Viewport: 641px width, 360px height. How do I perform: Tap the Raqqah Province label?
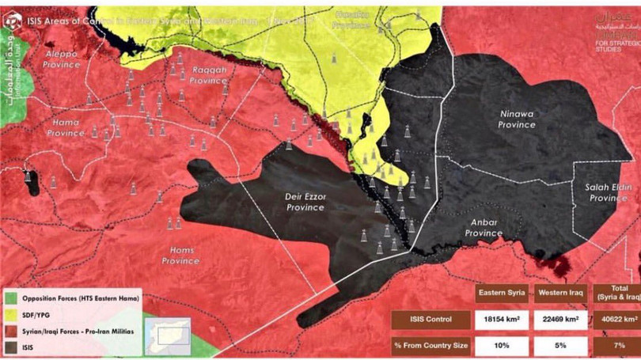coord(209,75)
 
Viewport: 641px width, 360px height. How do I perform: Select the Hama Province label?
coord(65,127)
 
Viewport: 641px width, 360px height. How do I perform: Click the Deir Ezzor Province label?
coord(305,202)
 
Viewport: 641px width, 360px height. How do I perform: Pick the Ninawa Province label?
coord(517,119)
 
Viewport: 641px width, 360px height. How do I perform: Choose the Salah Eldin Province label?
coord(608,192)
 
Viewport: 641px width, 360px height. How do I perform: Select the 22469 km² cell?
coord(560,320)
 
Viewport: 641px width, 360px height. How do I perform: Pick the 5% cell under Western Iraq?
coord(560,346)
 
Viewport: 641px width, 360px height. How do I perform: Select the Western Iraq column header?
coord(560,293)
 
